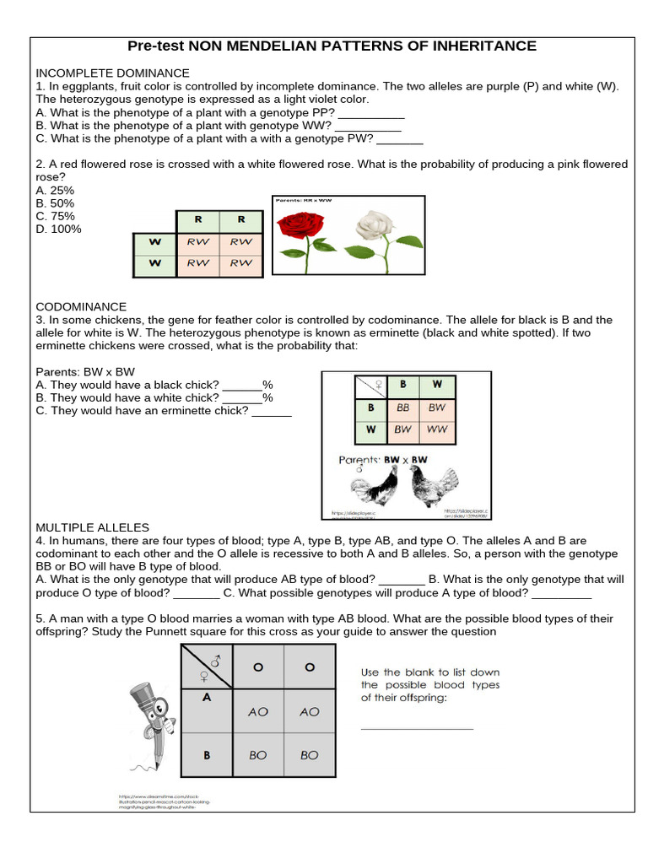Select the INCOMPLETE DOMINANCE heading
tap(112, 73)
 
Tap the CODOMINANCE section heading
tap(81, 307)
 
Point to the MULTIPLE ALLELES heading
tap(92, 527)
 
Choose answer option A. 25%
tap(55, 191)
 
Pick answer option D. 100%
tap(58, 229)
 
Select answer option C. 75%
tap(55, 216)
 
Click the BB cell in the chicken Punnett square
tap(403, 407)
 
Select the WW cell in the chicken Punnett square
tap(437, 429)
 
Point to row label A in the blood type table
tap(206, 697)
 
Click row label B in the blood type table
tap(206, 755)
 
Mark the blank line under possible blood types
tap(417, 728)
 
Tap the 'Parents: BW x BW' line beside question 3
tap(85, 372)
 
